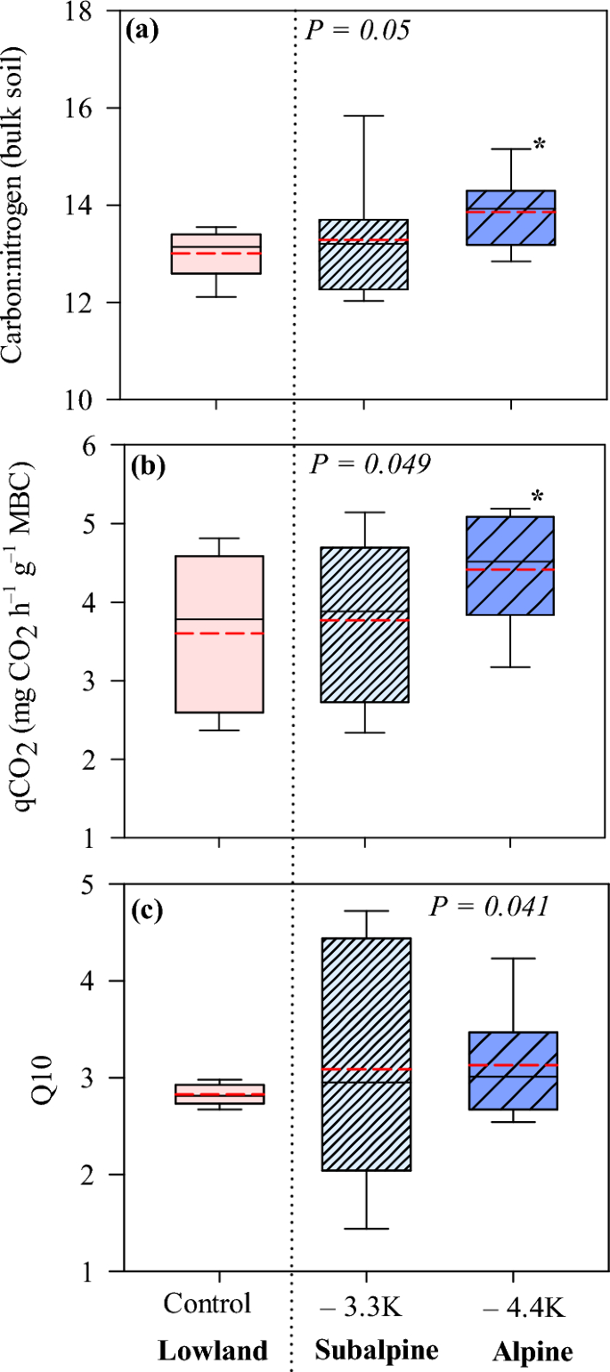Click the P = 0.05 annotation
pos(357,31)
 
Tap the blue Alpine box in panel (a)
pos(511,217)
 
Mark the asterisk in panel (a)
pos(539,144)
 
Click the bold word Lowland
pos(212,1352)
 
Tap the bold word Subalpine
pos(377,1352)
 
